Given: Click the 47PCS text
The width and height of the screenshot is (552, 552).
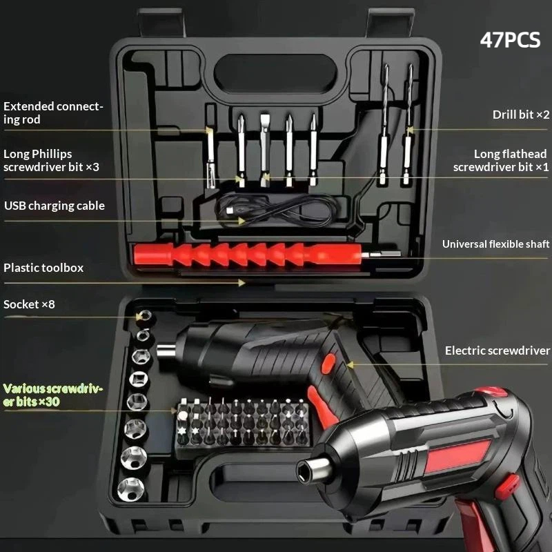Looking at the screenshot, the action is click(510, 40).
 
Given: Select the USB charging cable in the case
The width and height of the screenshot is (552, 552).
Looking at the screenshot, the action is click(275, 210).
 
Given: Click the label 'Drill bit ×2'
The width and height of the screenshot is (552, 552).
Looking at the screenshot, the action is click(521, 115).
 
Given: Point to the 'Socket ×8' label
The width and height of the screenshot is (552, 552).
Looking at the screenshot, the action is click(29, 304).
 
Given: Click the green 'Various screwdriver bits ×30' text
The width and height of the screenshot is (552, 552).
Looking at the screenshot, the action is click(53, 395).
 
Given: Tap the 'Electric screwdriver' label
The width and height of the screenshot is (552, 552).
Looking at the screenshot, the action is click(497, 351).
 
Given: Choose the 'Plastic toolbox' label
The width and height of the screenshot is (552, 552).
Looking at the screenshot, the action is click(43, 268).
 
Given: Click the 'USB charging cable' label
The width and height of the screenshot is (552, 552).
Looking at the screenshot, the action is click(55, 206).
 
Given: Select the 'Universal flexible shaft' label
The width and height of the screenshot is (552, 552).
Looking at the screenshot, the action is click(495, 244).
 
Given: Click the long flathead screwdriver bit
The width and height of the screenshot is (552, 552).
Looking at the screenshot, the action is click(265, 150).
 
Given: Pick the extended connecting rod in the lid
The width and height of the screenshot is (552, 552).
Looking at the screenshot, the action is click(210, 153).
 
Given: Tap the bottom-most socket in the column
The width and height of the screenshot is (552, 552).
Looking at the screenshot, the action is click(131, 489).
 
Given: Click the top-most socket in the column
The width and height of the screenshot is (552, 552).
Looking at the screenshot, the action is click(145, 315).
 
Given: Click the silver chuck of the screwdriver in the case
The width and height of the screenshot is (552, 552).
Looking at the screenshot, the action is click(166, 351).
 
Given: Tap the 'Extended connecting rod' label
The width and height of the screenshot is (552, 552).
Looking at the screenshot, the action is click(53, 112).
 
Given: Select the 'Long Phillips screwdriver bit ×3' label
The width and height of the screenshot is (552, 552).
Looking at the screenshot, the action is click(51, 160).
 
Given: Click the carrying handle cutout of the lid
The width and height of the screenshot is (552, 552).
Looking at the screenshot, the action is click(275, 74).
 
